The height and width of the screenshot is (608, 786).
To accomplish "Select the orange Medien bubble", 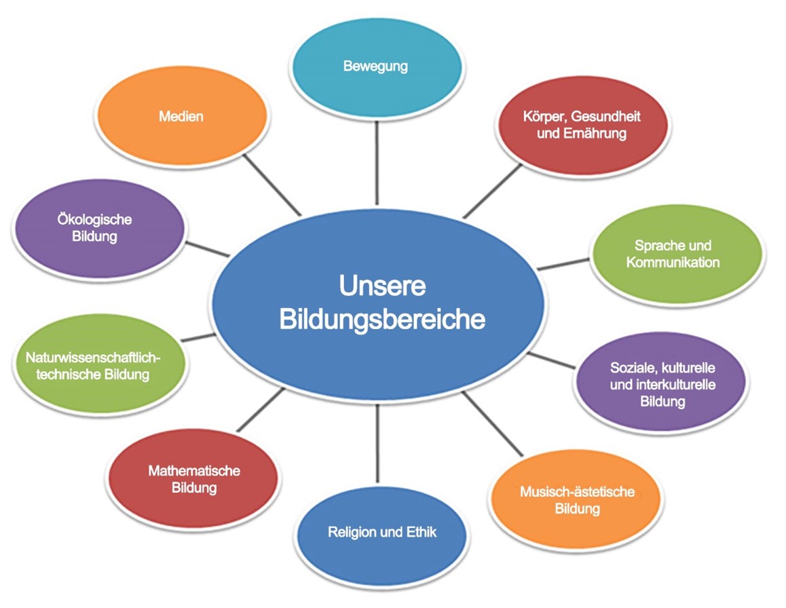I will click(181, 117).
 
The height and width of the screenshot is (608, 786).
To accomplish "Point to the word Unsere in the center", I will click(382, 286).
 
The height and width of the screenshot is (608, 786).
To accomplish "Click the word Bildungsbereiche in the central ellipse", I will click(382, 319).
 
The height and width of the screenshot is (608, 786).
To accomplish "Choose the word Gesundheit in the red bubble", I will click(606, 116).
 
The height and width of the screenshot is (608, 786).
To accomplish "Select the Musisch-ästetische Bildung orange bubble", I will click(577, 500).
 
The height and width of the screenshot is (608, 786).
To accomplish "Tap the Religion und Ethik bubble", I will click(382, 532).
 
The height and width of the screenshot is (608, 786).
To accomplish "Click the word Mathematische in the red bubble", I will click(194, 471).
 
